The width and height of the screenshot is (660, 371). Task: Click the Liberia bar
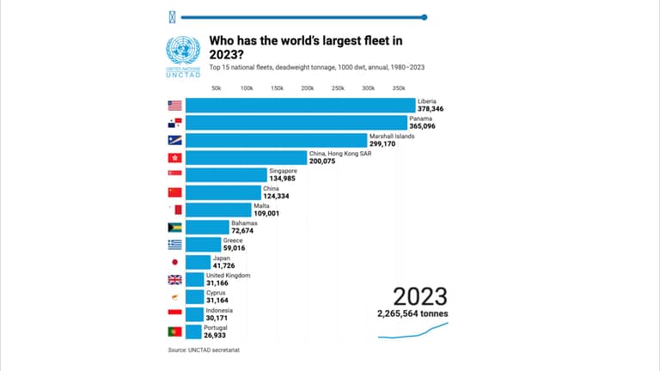coord(301,105)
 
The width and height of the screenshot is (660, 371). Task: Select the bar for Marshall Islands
coord(277,140)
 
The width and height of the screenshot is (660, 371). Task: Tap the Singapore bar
coord(227,175)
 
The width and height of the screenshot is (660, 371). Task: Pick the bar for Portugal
coord(193,331)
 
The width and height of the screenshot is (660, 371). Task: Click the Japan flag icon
coord(174,262)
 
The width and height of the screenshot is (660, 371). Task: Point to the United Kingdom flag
coord(174,280)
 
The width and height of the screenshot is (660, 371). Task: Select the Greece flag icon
coord(174,245)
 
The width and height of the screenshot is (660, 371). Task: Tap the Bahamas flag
coord(174,227)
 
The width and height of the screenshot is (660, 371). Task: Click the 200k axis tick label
coord(308,88)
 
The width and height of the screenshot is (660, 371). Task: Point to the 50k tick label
coord(217,88)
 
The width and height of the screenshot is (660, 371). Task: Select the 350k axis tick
coord(399,88)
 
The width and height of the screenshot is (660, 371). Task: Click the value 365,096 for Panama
coord(422,126)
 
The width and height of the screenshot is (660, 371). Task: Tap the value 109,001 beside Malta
coord(266,213)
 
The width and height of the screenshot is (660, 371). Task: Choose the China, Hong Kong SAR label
coord(340,154)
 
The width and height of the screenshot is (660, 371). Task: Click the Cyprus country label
coord(216,293)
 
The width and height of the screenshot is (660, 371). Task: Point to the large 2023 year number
coord(420,296)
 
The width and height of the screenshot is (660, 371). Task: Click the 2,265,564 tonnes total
coord(412,313)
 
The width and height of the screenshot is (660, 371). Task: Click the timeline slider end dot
coord(425,17)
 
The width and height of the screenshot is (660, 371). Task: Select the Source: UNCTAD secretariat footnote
coord(204,350)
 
